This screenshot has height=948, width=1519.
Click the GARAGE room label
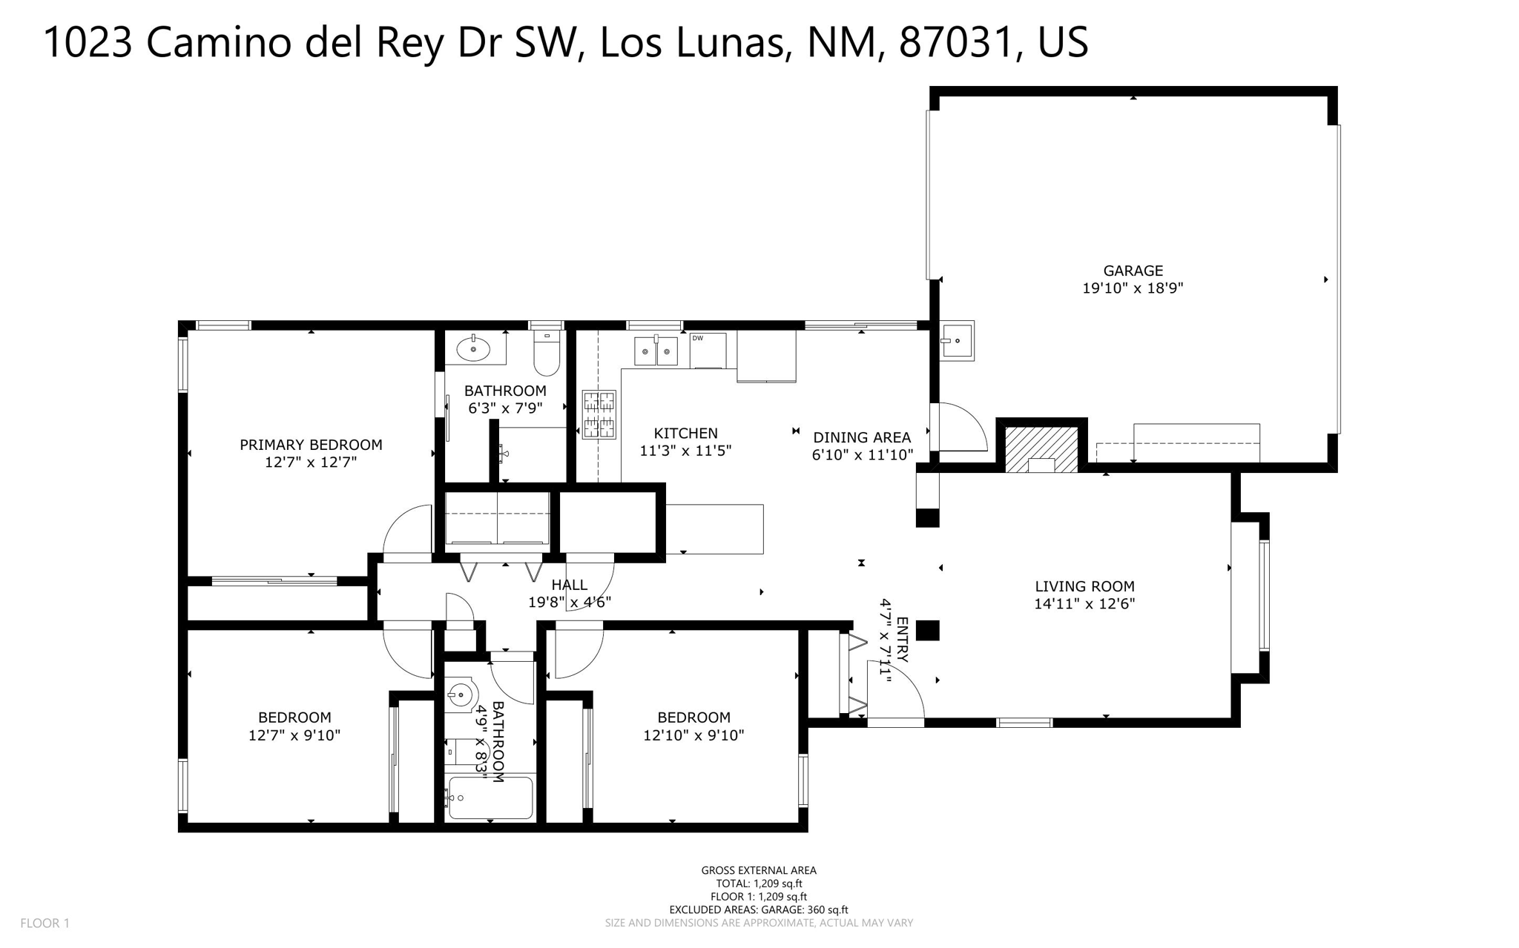point(1133,271)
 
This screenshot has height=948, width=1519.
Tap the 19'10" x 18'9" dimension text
point(1133,288)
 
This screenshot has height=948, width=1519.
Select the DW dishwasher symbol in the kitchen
point(707,350)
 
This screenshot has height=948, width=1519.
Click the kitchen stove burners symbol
point(599,414)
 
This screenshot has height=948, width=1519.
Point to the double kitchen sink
point(656,351)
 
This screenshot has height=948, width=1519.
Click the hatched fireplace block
point(1041,448)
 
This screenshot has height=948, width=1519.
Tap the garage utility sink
point(957,341)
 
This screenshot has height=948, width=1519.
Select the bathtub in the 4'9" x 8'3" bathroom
point(490,798)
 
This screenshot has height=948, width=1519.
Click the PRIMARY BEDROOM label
point(311,445)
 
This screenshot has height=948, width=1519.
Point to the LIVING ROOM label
point(1084,586)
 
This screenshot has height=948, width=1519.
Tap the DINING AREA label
point(862,437)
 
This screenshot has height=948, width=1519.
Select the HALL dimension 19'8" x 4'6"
point(569,603)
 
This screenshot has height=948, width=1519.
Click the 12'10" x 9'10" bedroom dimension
point(693,735)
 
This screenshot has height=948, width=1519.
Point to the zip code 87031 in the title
point(955,42)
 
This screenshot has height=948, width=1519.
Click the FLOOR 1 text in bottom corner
point(45,923)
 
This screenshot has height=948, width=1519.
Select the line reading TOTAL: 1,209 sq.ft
point(759,884)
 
